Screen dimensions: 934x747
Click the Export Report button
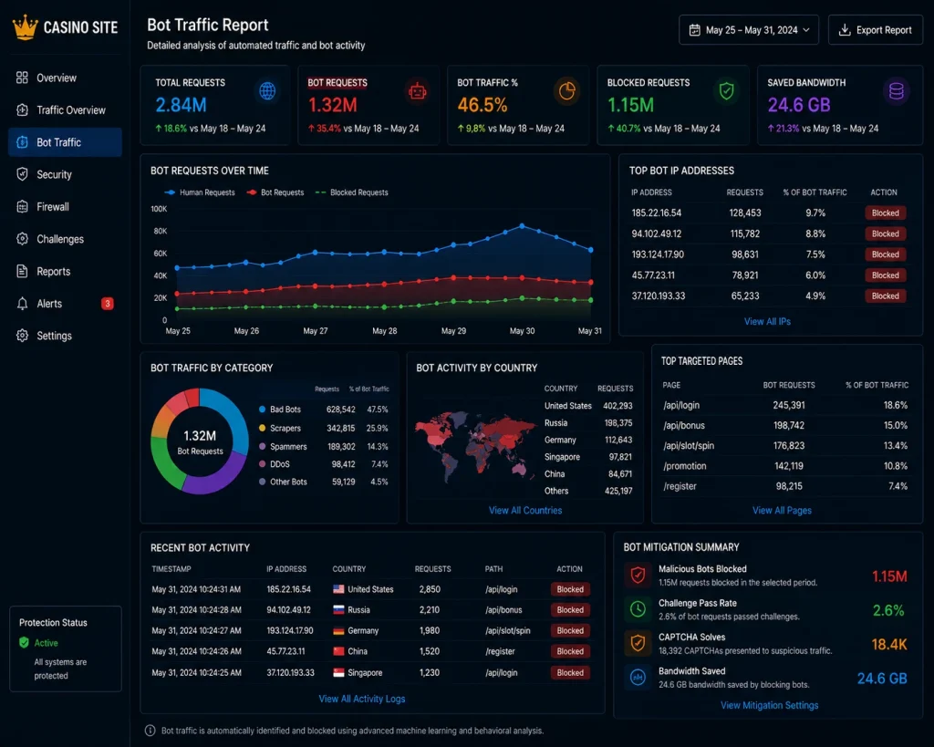coord(875,30)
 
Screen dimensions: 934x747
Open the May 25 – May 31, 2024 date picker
coord(749,30)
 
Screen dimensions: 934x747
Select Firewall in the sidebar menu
coord(52,207)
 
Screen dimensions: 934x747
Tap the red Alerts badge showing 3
coord(108,304)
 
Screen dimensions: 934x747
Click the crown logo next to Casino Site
coord(25,27)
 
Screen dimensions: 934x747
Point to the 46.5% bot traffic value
coord(483,106)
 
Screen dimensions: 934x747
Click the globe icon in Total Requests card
coord(267,91)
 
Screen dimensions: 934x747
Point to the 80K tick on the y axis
coord(160,231)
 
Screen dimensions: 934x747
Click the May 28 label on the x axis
coord(384,330)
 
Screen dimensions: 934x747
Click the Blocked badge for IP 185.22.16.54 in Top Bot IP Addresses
coord(885,213)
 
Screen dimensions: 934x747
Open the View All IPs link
coord(767,322)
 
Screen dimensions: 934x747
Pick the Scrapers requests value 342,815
coord(341,429)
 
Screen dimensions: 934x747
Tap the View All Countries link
coord(525,511)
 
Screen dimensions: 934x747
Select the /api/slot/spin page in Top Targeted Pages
coord(689,446)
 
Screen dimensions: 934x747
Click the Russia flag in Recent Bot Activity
coord(338,610)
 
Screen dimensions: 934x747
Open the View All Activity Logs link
coord(361,699)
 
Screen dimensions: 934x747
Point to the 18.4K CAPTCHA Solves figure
coord(888,644)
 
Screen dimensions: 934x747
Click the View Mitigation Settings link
coord(770,705)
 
